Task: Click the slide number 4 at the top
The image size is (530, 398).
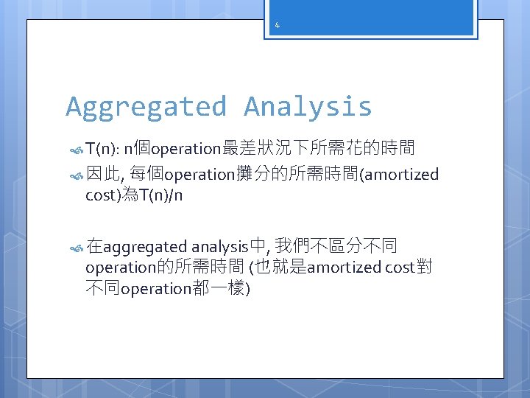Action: (277, 26)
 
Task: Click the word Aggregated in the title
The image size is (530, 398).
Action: (146, 107)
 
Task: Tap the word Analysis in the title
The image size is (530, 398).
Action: (308, 107)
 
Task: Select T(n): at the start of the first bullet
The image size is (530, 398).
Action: (102, 150)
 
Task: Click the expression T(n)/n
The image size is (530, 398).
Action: (160, 196)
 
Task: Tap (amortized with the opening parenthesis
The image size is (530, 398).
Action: (398, 175)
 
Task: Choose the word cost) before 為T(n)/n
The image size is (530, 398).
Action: (104, 196)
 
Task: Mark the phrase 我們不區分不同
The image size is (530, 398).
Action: (337, 245)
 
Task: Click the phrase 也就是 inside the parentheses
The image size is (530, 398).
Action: (280, 267)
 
